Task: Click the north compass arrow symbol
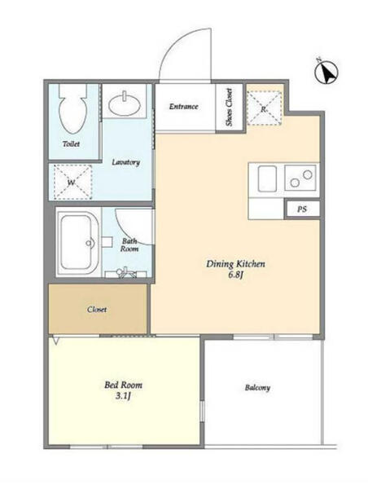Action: [x=326, y=73]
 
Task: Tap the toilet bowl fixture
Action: [x=73, y=109]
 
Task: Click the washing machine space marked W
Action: [x=73, y=183]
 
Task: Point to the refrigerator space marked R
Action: [x=265, y=108]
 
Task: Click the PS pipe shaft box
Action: [x=302, y=209]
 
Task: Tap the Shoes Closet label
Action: [x=230, y=108]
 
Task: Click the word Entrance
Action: [x=183, y=106]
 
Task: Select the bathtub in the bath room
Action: [x=78, y=242]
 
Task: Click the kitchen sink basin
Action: [x=267, y=178]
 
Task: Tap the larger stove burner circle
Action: [x=307, y=175]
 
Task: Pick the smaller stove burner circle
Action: [x=295, y=183]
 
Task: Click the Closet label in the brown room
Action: [x=97, y=310]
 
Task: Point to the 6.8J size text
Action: [x=235, y=275]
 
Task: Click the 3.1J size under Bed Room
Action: [x=123, y=396]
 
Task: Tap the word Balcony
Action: [x=257, y=388]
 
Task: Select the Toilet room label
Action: [x=71, y=143]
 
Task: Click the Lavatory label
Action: [x=126, y=162]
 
